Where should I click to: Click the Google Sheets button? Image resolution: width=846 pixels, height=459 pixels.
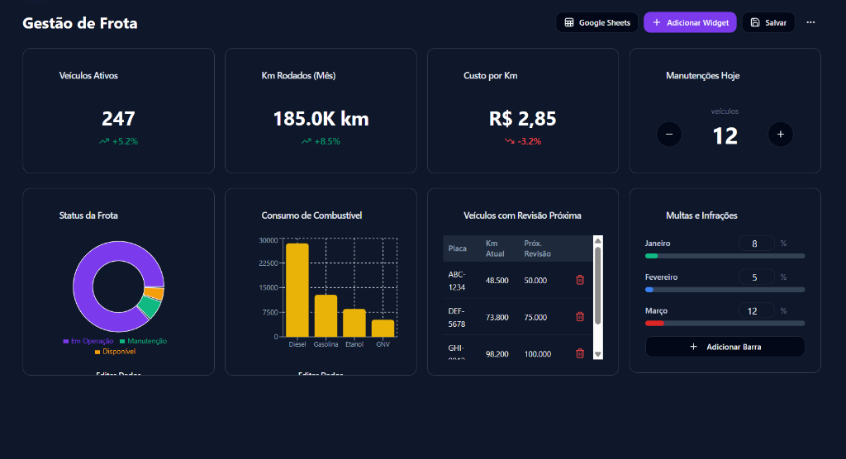(x=597, y=22)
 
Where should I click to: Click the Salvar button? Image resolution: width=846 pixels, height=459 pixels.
(x=768, y=22)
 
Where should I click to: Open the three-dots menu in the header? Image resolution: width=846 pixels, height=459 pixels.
(x=810, y=22)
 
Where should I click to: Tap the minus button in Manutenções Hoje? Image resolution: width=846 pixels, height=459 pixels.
(x=669, y=134)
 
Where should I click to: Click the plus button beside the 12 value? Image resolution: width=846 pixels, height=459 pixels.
(x=780, y=134)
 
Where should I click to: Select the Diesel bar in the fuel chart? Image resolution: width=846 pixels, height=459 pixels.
(x=297, y=290)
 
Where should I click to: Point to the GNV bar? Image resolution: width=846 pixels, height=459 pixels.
(x=383, y=328)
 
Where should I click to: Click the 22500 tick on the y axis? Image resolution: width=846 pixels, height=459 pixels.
(x=269, y=264)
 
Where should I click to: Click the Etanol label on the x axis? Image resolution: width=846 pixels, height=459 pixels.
(x=354, y=344)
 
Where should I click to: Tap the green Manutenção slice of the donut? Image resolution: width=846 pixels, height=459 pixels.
(x=150, y=308)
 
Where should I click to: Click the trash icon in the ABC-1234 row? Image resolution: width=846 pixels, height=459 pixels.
(x=580, y=280)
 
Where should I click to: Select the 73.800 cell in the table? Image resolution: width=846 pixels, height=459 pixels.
(x=497, y=317)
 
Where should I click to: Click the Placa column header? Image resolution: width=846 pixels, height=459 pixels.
(x=458, y=248)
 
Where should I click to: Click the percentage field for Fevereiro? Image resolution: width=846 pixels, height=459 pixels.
(x=756, y=277)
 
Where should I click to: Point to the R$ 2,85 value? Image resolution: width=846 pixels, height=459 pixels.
(x=522, y=119)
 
